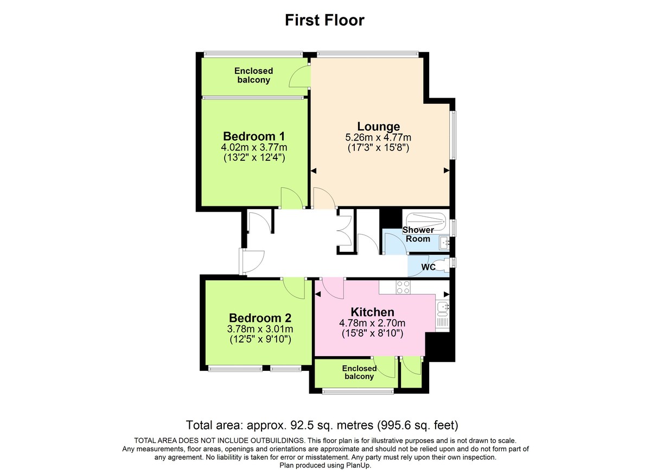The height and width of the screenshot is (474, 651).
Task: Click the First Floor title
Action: tap(325, 20)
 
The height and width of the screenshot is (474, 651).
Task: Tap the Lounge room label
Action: tap(378, 127)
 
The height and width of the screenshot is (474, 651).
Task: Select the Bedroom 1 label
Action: tap(254, 136)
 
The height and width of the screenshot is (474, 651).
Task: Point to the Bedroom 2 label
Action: tap(260, 318)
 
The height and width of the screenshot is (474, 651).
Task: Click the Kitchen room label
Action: tap(372, 312)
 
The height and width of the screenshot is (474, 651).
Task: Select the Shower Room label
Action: tap(418, 235)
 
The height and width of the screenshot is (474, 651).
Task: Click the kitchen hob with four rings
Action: tap(403, 287)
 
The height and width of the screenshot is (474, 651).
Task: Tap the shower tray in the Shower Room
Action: tap(425, 220)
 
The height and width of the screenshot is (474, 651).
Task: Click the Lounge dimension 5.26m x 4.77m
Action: tap(378, 137)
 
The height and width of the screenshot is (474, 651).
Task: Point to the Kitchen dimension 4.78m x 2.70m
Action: tap(372, 323)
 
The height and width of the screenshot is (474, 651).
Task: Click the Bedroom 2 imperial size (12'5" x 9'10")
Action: tap(260, 339)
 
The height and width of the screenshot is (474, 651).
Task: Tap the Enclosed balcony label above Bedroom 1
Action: tap(254, 75)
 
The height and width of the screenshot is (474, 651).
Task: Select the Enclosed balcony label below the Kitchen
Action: tap(359, 372)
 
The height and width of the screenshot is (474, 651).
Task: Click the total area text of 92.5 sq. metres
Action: tap(325, 425)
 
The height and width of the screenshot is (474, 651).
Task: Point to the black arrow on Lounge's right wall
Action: tap(446, 170)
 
